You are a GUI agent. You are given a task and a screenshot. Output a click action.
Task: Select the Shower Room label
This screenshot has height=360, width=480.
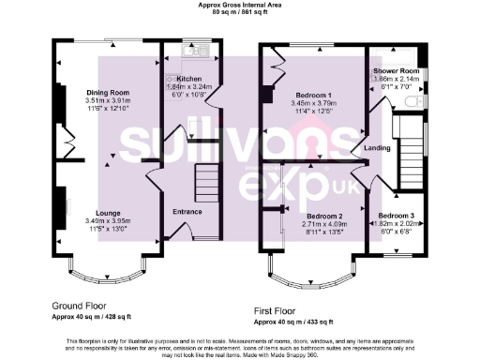point(395,70)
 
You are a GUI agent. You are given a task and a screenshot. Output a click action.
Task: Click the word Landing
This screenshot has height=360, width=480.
point(377,147)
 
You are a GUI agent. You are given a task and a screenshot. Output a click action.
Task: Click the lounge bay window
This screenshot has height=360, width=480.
point(105,273)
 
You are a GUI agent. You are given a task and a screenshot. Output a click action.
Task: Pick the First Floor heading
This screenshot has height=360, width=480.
point(282,308)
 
